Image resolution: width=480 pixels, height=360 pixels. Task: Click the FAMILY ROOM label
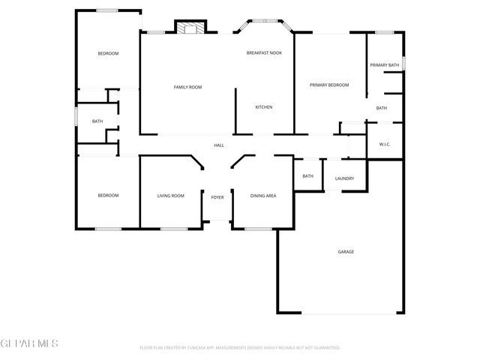(187, 87)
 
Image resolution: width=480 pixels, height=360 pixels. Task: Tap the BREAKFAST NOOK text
(264, 53)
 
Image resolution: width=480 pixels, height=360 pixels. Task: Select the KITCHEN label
(263, 107)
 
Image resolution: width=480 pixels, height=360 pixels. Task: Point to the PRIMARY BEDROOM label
(329, 85)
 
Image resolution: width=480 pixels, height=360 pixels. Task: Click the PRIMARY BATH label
(384, 65)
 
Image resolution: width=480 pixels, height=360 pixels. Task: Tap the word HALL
(219, 145)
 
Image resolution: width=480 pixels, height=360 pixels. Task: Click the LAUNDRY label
(344, 178)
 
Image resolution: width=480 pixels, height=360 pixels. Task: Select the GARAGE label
(345, 251)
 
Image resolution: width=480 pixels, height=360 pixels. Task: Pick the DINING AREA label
(263, 196)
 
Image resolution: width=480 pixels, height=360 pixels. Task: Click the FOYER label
(217, 196)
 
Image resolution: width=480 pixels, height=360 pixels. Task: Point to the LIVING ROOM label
(170, 196)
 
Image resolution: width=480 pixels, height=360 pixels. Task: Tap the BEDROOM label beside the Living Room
(108, 196)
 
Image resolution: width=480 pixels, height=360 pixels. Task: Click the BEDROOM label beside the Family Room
(108, 53)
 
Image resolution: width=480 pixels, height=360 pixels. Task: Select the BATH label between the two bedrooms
(97, 121)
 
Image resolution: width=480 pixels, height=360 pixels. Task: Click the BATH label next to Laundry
(307, 176)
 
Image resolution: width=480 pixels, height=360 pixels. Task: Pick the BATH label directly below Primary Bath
(382, 108)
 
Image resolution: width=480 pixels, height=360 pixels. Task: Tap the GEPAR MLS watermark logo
(29, 343)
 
